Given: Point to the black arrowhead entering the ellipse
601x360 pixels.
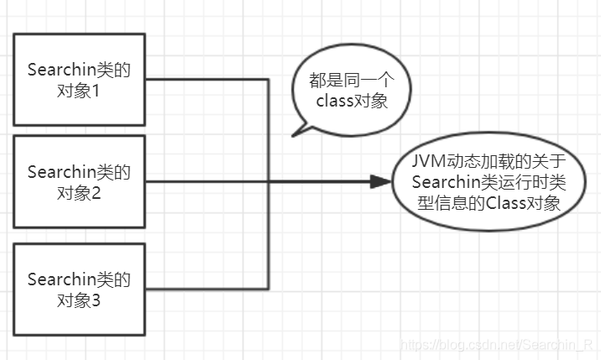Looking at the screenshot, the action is [380, 182].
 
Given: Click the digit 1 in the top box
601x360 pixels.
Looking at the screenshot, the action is [95, 91].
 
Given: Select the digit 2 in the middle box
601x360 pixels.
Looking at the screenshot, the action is [96, 193].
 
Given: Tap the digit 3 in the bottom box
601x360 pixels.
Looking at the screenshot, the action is [96, 300].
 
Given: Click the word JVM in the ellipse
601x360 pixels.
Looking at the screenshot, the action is [429, 161].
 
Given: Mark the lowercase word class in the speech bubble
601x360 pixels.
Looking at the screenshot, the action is [335, 102].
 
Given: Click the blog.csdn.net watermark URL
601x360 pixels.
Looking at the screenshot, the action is [496, 345].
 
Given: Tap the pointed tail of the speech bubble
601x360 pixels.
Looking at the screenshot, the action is [293, 136].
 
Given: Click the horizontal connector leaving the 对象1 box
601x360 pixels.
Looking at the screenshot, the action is [207, 80].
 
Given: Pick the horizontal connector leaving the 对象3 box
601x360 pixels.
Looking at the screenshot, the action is [207, 289].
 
